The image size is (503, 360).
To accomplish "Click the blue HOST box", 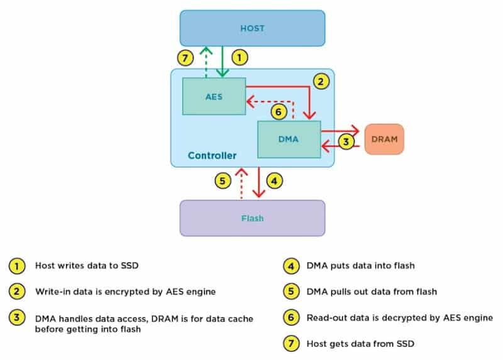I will pyautogui.click(x=252, y=28).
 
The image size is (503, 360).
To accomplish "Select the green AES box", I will pyautogui.click(x=214, y=97).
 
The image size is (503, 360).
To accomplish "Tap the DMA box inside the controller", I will pyautogui.click(x=289, y=139).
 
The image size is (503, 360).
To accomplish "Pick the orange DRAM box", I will pyautogui.click(x=384, y=139).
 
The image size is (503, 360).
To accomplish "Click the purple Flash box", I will pyautogui.click(x=252, y=218).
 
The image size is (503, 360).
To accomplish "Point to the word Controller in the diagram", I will pyautogui.click(x=212, y=155).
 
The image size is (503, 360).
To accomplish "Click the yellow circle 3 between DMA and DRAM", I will pyautogui.click(x=345, y=141).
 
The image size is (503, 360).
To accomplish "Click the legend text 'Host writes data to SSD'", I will pyautogui.click(x=86, y=266).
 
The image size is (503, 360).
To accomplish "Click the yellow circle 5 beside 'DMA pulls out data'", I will pyautogui.click(x=290, y=292).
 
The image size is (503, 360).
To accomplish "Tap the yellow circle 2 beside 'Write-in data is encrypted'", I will pyautogui.click(x=17, y=292).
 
